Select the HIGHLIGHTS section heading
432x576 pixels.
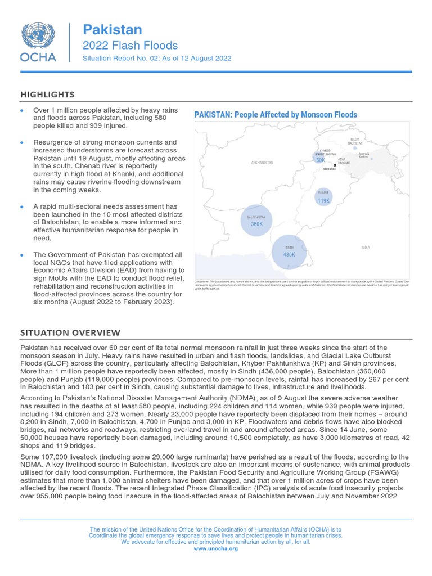(47, 94)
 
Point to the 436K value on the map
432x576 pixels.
(289, 254)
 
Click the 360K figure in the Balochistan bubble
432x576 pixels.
(256, 224)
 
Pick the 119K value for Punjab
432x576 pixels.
(323, 200)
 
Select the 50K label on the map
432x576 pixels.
(321, 160)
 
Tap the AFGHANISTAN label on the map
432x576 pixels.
(262, 162)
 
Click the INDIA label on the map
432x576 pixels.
(366, 247)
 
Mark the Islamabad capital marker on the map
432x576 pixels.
(335, 165)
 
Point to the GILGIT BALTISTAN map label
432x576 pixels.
(355, 141)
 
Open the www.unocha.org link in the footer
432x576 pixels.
(215, 548)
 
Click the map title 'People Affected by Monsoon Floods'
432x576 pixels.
(276, 115)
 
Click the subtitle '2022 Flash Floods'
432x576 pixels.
(130, 46)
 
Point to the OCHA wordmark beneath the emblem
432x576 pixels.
(38, 56)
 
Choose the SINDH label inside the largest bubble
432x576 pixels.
(289, 247)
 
